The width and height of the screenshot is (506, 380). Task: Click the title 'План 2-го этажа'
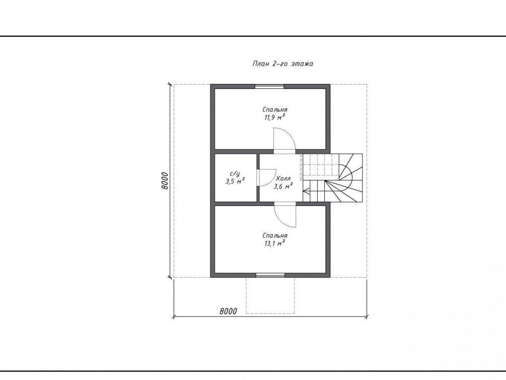coord(282,64)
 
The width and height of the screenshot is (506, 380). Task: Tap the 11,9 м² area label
coord(275,117)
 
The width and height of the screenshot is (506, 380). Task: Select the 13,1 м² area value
coord(275,243)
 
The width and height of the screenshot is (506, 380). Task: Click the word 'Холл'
coord(283,178)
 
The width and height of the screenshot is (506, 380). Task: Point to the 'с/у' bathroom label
coord(235,174)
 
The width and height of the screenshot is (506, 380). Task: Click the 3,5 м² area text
coord(235,181)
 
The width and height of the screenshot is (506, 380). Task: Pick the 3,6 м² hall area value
coord(283,186)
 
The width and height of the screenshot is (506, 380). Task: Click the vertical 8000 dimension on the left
coord(165,181)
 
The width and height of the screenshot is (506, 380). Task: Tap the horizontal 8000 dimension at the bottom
coord(229,311)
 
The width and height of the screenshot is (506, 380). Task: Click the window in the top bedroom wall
coord(270,86)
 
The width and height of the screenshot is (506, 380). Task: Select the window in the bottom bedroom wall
coord(270,275)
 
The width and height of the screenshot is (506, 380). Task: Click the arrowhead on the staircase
coord(306,192)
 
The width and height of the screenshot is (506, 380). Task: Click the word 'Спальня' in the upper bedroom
coord(275,110)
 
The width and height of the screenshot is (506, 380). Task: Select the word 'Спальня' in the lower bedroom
coord(275,235)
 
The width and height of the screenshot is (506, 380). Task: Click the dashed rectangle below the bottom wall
coord(270,295)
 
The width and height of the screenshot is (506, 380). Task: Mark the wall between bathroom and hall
coord(258,177)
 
